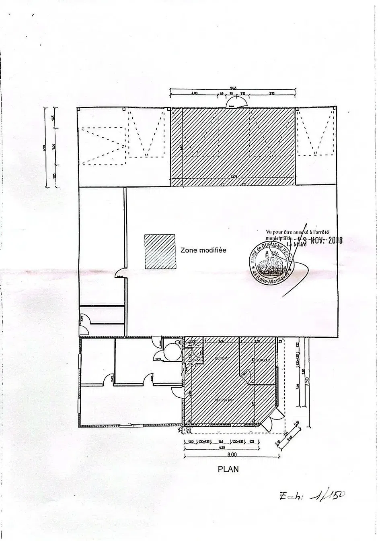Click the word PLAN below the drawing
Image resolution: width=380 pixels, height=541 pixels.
pyautogui.click(x=228, y=469)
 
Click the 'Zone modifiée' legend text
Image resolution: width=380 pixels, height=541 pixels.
pyautogui.click(x=203, y=250)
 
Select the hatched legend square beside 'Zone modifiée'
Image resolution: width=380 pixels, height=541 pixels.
pyautogui.click(x=160, y=252)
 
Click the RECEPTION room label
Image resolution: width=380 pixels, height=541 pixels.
pyautogui.click(x=224, y=400)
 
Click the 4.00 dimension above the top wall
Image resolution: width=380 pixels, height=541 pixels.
pyautogui.click(x=194, y=94)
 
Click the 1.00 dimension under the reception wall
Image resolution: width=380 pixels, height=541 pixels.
pyautogui.click(x=191, y=442)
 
